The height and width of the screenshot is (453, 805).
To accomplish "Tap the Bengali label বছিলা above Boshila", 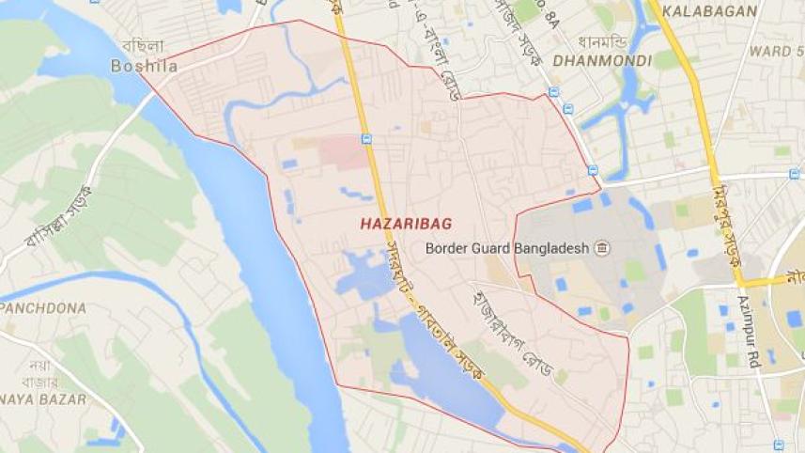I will click(x=143, y=46).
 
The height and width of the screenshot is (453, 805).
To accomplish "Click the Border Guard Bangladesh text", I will click(x=506, y=249).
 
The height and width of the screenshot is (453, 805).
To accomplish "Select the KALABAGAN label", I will click(x=709, y=11).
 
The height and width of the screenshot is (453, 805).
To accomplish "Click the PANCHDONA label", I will click(x=43, y=307).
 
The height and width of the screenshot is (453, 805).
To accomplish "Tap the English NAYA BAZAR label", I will click(x=43, y=399).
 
